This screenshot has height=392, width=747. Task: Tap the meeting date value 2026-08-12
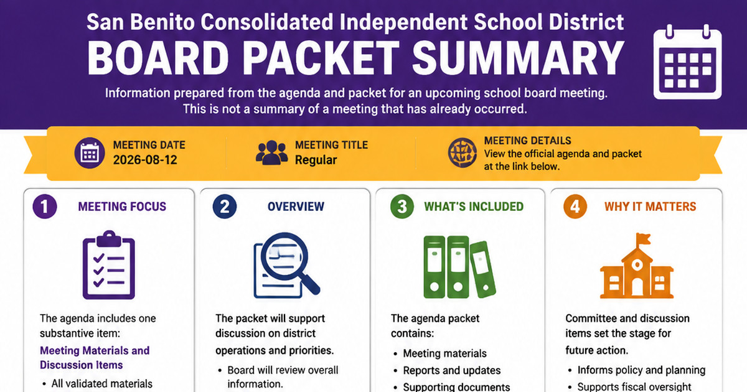pyautogui.click(x=145, y=160)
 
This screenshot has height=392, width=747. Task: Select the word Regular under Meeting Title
pyautogui.click(x=316, y=160)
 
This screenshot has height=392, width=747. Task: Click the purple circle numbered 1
pyautogui.click(x=45, y=207)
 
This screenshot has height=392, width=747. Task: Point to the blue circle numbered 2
pyautogui.click(x=225, y=207)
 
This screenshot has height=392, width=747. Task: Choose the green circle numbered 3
pyautogui.click(x=402, y=207)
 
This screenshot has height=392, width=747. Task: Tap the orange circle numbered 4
pyautogui.click(x=575, y=207)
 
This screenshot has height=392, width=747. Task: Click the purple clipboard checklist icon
pyautogui.click(x=109, y=265)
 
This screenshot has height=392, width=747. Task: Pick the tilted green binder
pyautogui.click(x=482, y=269)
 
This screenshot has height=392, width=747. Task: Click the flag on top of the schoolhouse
pyautogui.click(x=643, y=239)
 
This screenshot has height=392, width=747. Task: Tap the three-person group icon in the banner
pyautogui.click(x=272, y=152)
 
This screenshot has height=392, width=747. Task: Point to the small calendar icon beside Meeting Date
pyautogui.click(x=90, y=152)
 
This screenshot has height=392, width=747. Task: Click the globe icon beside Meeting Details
pyautogui.click(x=462, y=152)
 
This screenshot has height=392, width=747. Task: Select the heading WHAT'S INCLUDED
pyautogui.click(x=474, y=207)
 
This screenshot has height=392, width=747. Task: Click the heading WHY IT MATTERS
pyautogui.click(x=651, y=207)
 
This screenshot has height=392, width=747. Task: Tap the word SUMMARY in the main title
pyautogui.click(x=518, y=58)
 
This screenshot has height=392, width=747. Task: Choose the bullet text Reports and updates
pyautogui.click(x=452, y=370)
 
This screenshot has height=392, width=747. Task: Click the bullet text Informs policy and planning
pyautogui.click(x=641, y=370)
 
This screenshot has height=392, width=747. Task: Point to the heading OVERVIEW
pyautogui.click(x=296, y=207)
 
